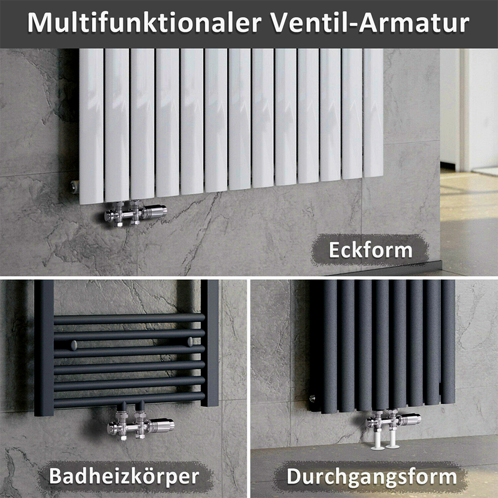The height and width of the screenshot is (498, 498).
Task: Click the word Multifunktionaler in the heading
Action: click(144, 23)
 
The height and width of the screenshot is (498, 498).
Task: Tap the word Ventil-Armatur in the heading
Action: click(370, 23)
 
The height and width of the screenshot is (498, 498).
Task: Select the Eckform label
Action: click(371, 250)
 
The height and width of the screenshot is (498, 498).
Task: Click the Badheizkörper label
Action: click(124, 476)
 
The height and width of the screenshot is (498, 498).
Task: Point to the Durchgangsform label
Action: click(372, 477)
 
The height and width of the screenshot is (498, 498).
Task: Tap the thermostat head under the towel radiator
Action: click(162, 425)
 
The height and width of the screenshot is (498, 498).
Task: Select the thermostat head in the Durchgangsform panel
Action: click(410, 419)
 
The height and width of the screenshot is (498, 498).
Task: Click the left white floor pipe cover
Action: click(377, 438)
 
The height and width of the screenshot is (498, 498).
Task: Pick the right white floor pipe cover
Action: click(392, 437)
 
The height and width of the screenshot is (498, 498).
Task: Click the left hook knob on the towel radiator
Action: click(74, 345)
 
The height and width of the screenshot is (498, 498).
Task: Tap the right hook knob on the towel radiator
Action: click(190, 342)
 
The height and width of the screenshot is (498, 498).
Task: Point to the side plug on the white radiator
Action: click(74, 186)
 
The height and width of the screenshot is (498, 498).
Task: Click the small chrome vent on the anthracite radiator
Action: click(313, 397)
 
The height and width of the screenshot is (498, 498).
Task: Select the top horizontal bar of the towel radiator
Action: click(129, 319)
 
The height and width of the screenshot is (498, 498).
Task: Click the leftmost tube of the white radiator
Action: click(92, 126)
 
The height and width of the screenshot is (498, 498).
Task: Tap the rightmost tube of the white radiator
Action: click(373, 113)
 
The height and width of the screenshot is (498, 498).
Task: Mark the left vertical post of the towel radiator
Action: click(44, 348)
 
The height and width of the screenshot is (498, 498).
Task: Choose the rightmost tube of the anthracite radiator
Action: click(448, 342)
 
